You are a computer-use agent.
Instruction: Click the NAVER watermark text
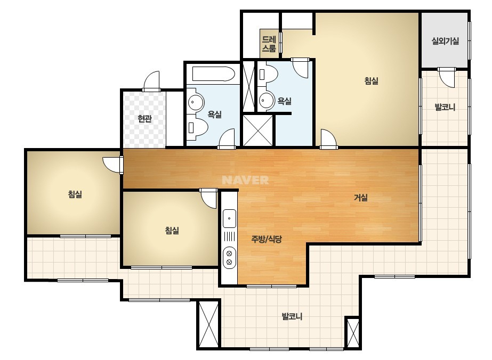tap(245, 180)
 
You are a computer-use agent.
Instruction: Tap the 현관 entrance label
tap(144, 119)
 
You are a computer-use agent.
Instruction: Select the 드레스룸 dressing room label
tap(269, 44)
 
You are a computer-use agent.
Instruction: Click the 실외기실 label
tap(445, 41)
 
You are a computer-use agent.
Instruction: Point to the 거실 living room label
tap(361, 198)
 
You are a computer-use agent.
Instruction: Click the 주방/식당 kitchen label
tap(267, 239)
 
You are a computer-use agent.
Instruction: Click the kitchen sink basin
tap(229, 218)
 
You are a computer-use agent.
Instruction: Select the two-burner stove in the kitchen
tap(229, 257)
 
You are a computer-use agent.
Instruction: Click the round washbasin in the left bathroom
tap(195, 102)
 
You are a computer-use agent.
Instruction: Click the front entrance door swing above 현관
tap(152, 81)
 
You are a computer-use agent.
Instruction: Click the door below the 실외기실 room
tap(447, 77)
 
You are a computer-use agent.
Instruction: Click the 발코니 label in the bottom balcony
tap(292, 316)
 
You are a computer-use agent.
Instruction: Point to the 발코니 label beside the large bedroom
tap(445, 107)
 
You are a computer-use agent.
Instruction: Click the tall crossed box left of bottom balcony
tap(208, 324)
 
